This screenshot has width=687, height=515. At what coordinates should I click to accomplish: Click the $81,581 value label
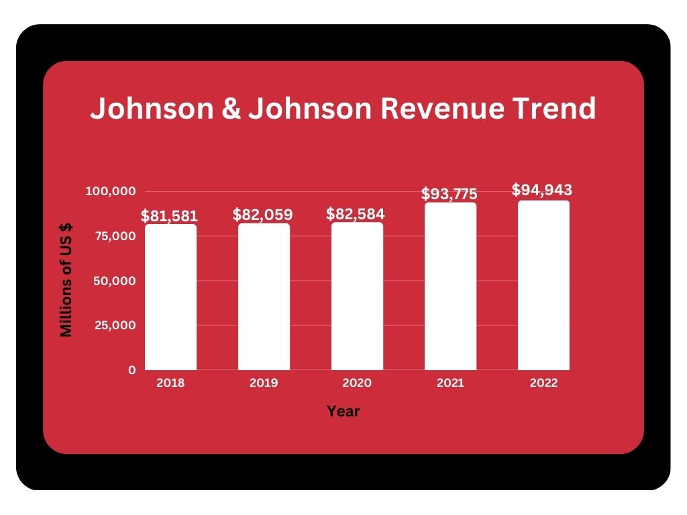click(169, 217)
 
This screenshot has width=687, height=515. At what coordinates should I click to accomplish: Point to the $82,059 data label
click(263, 215)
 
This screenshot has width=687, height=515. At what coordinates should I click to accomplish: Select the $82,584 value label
click(356, 215)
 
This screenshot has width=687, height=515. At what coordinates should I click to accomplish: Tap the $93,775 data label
click(450, 194)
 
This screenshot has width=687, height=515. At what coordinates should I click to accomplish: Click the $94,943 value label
click(542, 190)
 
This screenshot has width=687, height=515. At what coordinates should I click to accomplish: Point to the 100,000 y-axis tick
click(111, 192)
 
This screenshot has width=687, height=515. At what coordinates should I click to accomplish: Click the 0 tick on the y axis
click(131, 369)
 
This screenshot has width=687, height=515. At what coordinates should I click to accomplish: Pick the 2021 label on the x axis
click(450, 384)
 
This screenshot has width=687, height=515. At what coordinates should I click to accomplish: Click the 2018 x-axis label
click(170, 384)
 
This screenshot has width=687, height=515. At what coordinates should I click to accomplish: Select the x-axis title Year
click(343, 412)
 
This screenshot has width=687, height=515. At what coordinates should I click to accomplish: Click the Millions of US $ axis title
click(66, 280)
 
